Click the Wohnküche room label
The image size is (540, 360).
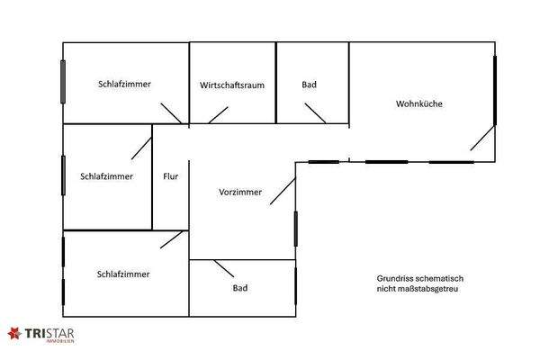[x=419, y=103]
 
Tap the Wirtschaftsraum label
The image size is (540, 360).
[x=231, y=85]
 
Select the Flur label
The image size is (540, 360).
[x=171, y=176]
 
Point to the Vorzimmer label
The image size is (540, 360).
[x=240, y=193]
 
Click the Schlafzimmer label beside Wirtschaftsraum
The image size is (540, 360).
[x=124, y=84]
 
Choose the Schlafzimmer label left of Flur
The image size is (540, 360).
[x=106, y=176]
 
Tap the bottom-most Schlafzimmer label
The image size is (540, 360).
[x=123, y=274]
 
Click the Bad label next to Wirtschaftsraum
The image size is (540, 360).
[x=309, y=85]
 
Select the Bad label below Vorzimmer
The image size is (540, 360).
[x=240, y=288]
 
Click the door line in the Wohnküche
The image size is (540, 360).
[x=481, y=138]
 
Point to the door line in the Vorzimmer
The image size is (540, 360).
[x=283, y=191]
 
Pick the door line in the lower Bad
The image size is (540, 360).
[x=223, y=268]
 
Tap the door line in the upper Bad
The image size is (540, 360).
[x=315, y=113]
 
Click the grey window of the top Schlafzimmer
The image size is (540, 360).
[x=63, y=82]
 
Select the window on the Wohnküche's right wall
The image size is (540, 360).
[x=495, y=90]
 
